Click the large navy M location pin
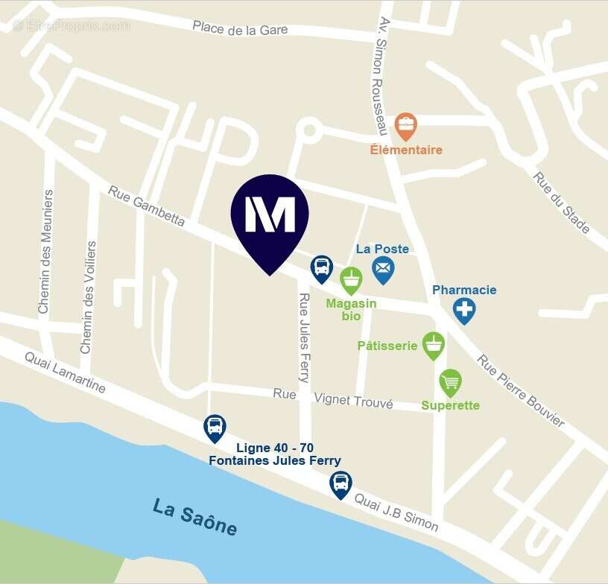[x=270, y=216]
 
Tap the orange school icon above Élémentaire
[x=405, y=126]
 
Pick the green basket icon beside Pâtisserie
[x=434, y=345]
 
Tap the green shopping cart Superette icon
[x=450, y=382]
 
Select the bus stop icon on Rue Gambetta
[x=321, y=267]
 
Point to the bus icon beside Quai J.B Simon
[x=341, y=483]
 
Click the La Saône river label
[x=195, y=517]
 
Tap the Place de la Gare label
[x=240, y=29]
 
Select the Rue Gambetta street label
[x=146, y=205]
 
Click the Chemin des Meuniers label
[x=45, y=251]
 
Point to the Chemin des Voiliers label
[x=88, y=296]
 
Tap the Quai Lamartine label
[x=65, y=372]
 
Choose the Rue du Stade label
[x=562, y=202]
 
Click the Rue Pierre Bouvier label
[x=521, y=390]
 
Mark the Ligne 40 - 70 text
[x=274, y=448]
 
